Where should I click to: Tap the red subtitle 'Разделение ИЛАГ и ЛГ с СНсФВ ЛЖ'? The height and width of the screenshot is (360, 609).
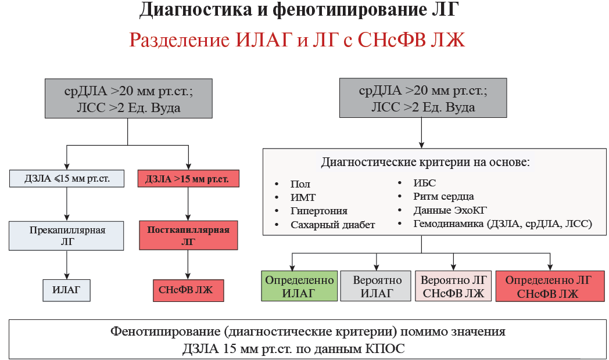[x=297, y=40]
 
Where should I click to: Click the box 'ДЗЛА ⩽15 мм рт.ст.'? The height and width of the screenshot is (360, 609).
[x=67, y=179]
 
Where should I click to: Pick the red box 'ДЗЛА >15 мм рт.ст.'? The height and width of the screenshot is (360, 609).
[x=188, y=179]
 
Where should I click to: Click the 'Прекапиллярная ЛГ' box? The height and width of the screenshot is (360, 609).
[x=67, y=236]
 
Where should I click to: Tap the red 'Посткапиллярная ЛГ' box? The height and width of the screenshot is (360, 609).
[x=188, y=236]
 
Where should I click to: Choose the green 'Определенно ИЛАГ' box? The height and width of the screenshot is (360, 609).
[x=299, y=286]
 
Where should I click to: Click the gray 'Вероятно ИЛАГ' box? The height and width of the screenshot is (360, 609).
[x=377, y=286]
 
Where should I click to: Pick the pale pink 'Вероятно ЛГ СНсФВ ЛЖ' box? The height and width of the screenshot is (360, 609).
[x=453, y=286]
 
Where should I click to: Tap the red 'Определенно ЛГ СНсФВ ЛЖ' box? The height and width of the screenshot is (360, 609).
[x=548, y=286]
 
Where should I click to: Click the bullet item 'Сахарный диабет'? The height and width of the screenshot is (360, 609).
[x=332, y=225]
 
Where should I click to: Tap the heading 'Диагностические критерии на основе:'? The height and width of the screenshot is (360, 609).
[x=425, y=162]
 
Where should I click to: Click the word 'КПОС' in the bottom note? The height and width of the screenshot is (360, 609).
[x=386, y=349]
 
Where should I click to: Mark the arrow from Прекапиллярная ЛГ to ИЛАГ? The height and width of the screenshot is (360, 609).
[x=67, y=265]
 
